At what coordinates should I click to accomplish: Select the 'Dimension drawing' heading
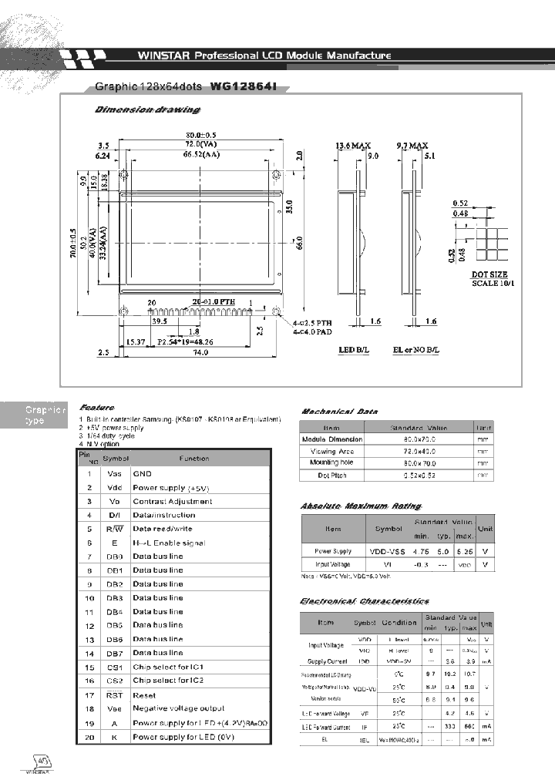coord(146,110)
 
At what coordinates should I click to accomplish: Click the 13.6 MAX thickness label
coord(354,145)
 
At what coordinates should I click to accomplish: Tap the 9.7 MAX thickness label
coord(412,145)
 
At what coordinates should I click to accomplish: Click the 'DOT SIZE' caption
coord(489,274)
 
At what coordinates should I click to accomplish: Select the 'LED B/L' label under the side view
coord(355,350)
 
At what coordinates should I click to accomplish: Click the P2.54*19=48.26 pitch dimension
coord(185,340)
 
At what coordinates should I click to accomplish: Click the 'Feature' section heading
coord(96,407)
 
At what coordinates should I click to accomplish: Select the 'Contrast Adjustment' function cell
coord(172,502)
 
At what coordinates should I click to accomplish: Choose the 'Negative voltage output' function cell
coord(178,708)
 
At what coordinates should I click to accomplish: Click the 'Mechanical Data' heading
coord(338,412)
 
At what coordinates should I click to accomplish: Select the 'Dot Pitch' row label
coord(331,476)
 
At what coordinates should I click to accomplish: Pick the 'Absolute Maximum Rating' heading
coord(360,506)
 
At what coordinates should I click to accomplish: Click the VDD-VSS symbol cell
coord(388,551)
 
